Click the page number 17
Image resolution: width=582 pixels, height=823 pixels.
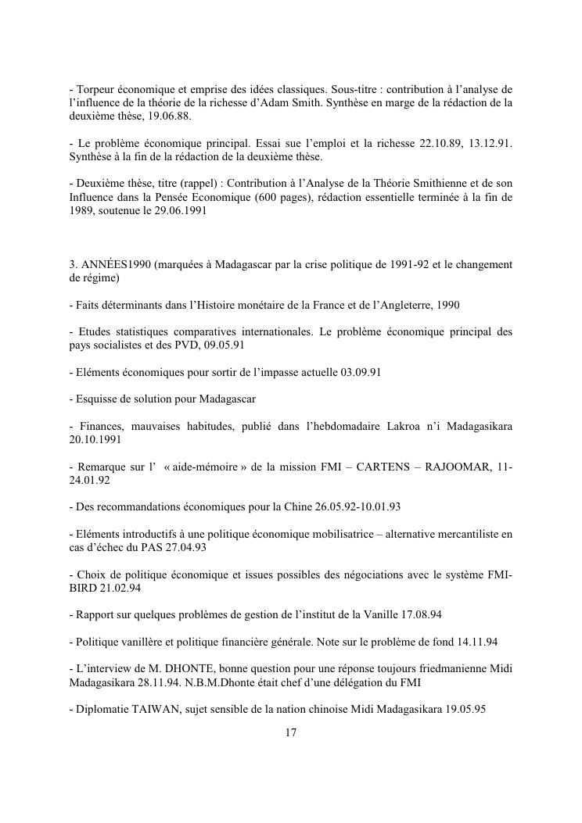point(290,733)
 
